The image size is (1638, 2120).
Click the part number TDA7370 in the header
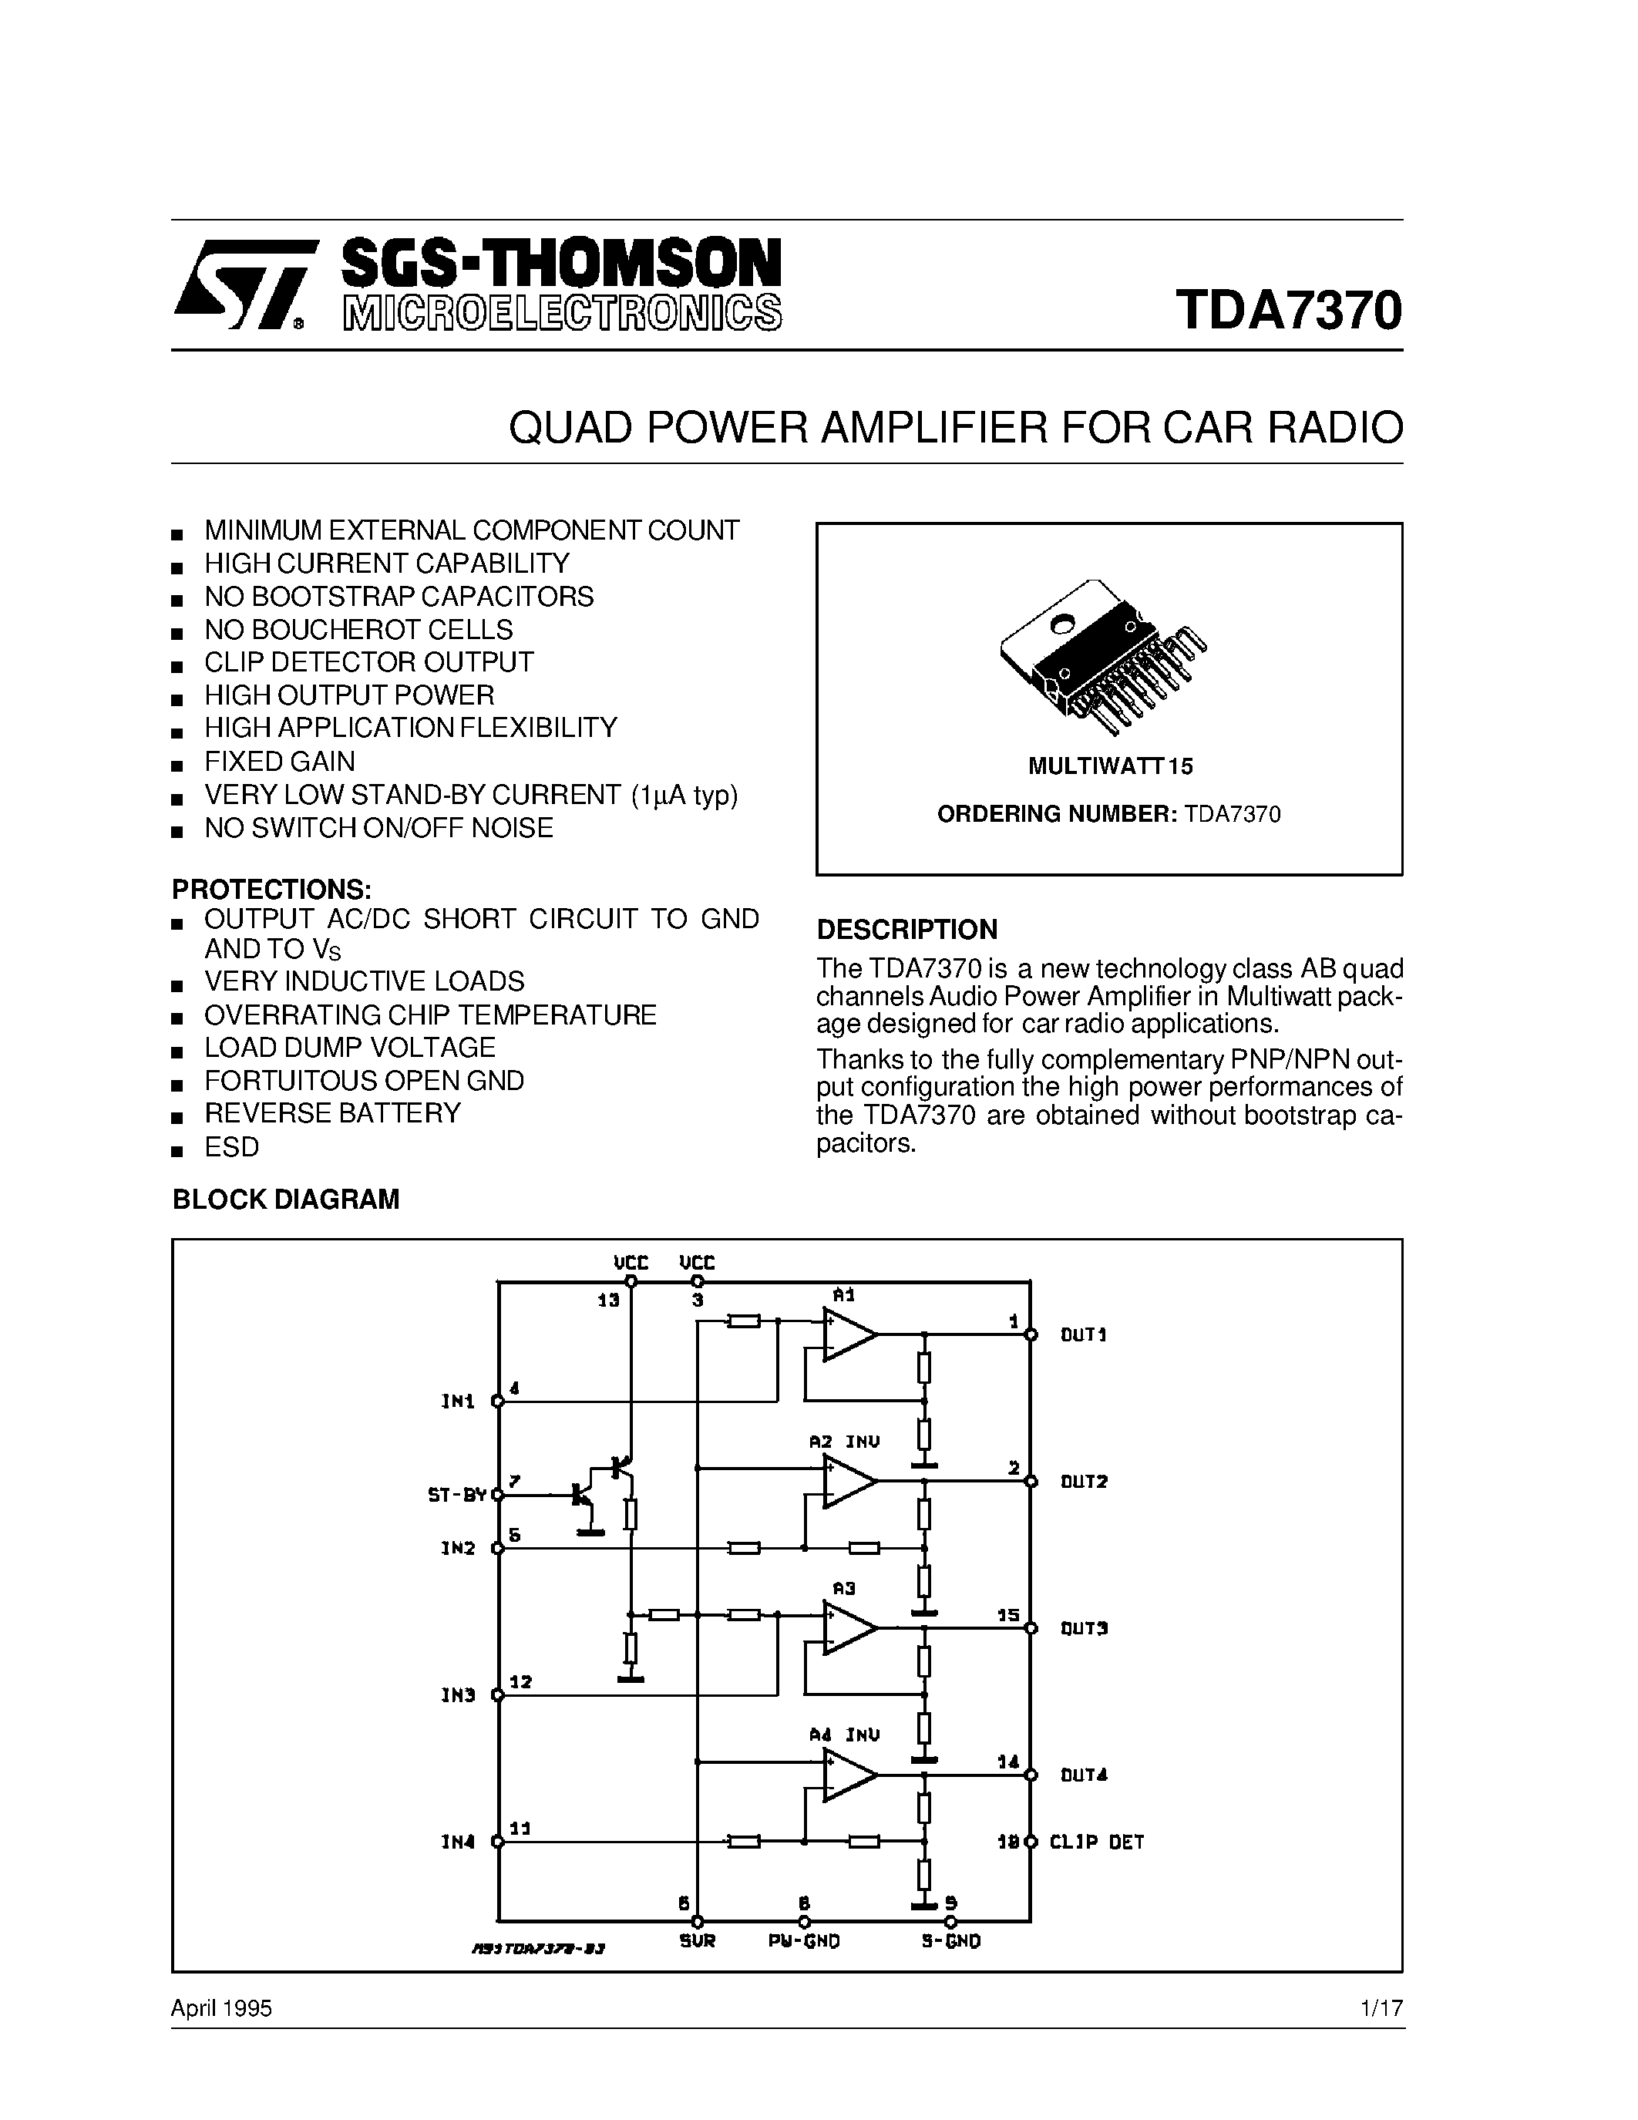tap(1288, 310)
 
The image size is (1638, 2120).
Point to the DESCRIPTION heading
tap(906, 929)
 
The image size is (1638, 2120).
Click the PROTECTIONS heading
tap(271, 888)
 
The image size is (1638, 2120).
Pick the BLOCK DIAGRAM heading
tap(285, 1200)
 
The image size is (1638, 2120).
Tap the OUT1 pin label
tap(1083, 1334)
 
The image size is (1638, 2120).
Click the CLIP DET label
tap(1097, 1842)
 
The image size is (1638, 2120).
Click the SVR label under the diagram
tap(697, 1941)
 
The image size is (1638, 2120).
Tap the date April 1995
tap(221, 2008)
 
